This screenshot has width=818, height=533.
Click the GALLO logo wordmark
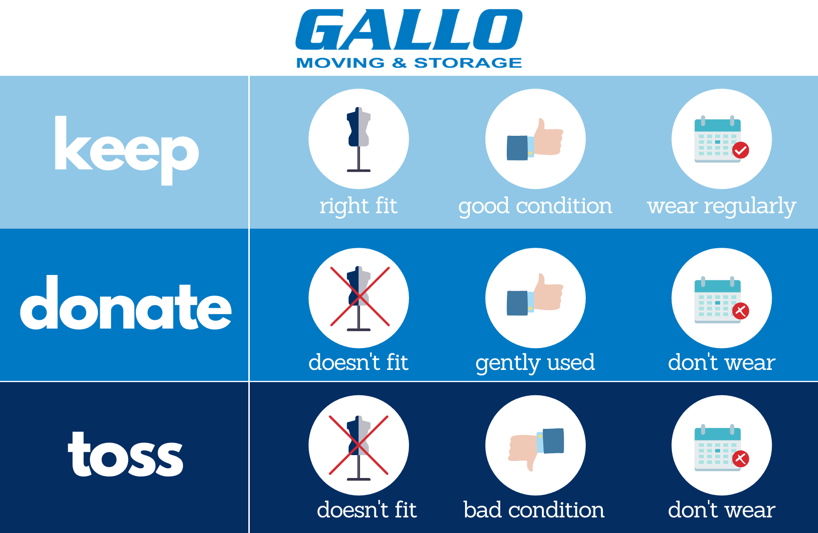point(409,29)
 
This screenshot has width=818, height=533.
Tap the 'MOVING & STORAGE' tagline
point(409,63)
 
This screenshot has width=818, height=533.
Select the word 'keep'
point(127,150)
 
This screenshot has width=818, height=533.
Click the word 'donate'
point(126,302)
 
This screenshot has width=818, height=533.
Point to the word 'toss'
point(125,454)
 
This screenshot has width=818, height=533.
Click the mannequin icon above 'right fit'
point(358,139)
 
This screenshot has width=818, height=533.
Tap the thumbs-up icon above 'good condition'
point(535,139)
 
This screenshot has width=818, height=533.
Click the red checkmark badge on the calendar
point(741,150)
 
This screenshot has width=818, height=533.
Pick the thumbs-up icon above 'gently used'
point(535,294)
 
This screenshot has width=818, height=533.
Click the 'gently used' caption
point(536,363)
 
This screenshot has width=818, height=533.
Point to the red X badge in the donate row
point(741,311)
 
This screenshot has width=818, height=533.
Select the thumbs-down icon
point(536,449)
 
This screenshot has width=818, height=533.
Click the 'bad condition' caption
point(534,510)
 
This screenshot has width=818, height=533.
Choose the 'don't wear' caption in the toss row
point(722,510)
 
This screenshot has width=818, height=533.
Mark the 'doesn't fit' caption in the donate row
point(358,363)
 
